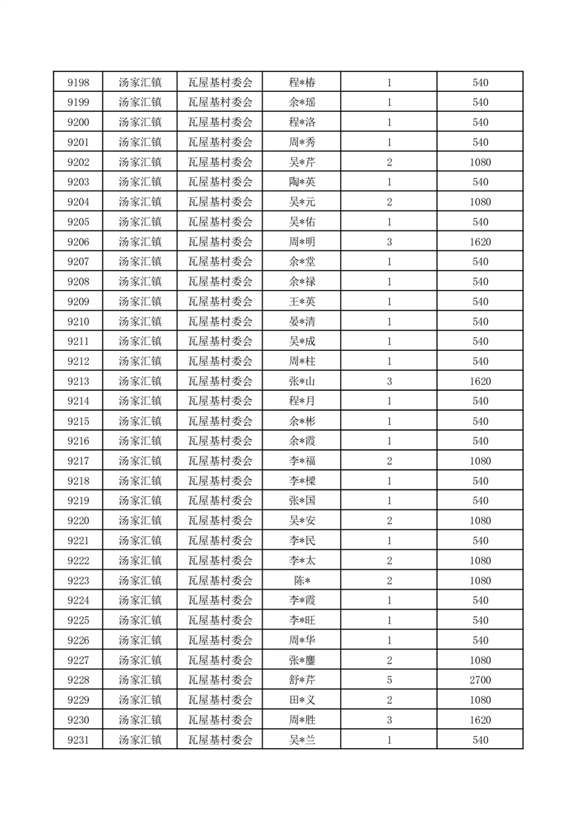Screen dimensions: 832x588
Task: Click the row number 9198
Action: pyautogui.click(x=78, y=82)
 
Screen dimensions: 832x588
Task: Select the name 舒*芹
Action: pyautogui.click(x=302, y=680)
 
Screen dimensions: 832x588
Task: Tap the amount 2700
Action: pyautogui.click(x=480, y=680)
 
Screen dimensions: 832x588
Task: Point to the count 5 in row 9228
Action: pyautogui.click(x=389, y=680)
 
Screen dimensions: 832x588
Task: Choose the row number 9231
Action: pyautogui.click(x=78, y=740)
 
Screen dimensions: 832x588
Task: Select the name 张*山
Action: pyautogui.click(x=302, y=381)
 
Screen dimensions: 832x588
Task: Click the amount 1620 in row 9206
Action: pyautogui.click(x=480, y=242)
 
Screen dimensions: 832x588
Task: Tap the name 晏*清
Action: pyautogui.click(x=302, y=322)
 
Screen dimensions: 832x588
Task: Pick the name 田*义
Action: pyautogui.click(x=302, y=700)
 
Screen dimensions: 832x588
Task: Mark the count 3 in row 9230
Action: pyautogui.click(x=389, y=720)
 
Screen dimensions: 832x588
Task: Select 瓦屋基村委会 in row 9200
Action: pyautogui.click(x=220, y=122)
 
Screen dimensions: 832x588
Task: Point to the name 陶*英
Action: pyautogui.click(x=302, y=182)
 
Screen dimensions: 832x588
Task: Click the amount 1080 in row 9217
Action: pyautogui.click(x=480, y=461)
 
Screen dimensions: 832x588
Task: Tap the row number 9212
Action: pyautogui.click(x=78, y=361)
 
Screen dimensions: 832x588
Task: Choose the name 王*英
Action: pyautogui.click(x=302, y=302)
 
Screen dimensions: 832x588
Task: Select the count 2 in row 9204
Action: pyautogui.click(x=389, y=202)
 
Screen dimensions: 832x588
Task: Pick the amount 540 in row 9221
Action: pyautogui.click(x=480, y=541)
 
